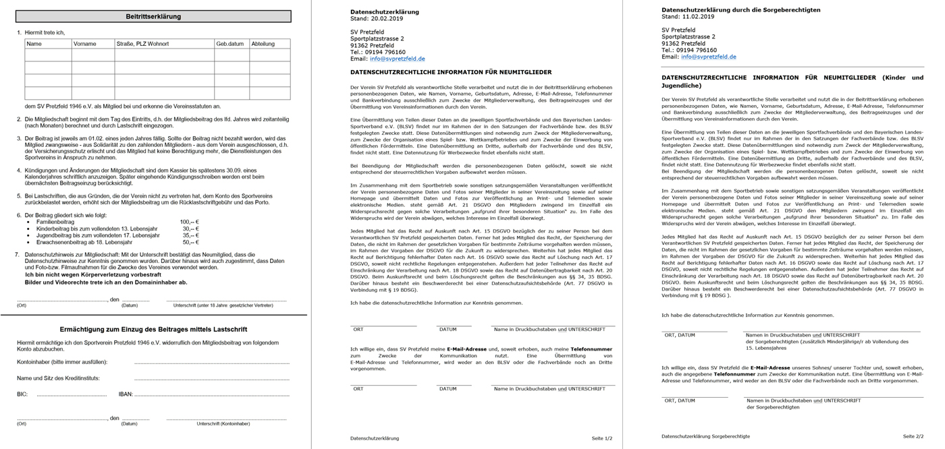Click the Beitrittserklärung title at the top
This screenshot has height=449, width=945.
tap(153, 16)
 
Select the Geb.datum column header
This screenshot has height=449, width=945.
tap(230, 44)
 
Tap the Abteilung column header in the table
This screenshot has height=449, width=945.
tap(263, 44)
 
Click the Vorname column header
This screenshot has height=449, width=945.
tap(85, 44)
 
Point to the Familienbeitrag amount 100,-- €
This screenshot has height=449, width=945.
tap(190, 222)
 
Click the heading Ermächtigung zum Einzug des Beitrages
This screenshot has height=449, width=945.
tap(153, 330)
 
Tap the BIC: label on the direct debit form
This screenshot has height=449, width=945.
tap(22, 394)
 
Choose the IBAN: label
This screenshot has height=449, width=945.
tap(126, 394)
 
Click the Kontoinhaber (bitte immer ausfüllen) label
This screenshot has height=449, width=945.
tap(62, 362)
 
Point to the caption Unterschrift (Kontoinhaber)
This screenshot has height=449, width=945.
tap(223, 424)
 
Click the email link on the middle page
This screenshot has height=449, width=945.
tap(398, 59)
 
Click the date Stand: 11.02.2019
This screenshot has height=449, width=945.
tap(688, 17)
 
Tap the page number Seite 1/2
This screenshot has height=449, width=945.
tap(601, 438)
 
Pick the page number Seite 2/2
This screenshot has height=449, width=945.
tap(913, 436)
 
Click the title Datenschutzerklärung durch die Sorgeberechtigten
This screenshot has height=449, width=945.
tap(740, 10)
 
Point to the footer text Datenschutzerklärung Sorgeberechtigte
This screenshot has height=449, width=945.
tap(705, 436)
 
